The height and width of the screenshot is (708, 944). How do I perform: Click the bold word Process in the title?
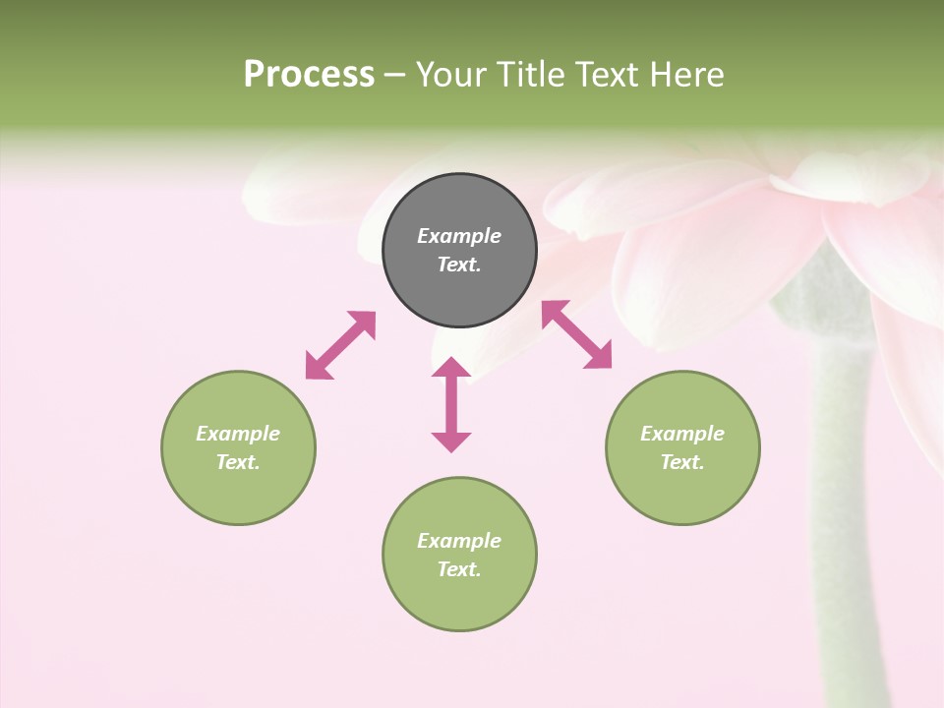(309, 75)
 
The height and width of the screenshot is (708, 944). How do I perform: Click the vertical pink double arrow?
(451, 404)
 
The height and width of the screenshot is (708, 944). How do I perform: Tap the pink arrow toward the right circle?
(576, 334)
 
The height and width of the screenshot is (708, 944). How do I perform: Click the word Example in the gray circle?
(459, 236)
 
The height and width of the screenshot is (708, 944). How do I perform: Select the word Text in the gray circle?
(456, 265)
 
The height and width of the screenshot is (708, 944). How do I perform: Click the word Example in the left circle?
(238, 434)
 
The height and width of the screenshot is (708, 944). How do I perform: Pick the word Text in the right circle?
(679, 462)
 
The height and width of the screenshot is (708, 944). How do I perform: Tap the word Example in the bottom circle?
(459, 541)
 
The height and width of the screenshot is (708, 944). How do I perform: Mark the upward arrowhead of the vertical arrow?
(451, 368)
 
